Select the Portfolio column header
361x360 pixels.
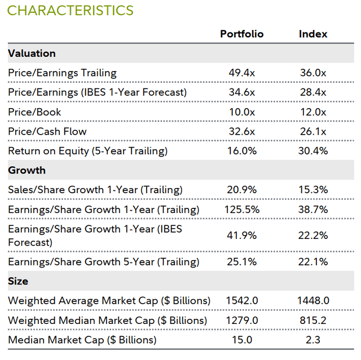(x=241, y=34)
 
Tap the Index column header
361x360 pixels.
(x=313, y=34)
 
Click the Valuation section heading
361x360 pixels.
(x=32, y=54)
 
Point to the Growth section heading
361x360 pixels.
(x=27, y=170)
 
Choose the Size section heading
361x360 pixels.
(x=18, y=281)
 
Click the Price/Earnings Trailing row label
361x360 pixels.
(x=62, y=73)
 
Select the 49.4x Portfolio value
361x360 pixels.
(x=241, y=73)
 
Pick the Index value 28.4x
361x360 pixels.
(x=313, y=92)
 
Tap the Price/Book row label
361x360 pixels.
(x=34, y=112)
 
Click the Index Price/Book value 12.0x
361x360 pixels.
(x=313, y=112)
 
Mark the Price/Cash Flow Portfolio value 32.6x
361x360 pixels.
(x=241, y=131)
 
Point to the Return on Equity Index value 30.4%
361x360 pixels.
(x=313, y=151)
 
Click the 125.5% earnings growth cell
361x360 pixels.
(x=241, y=210)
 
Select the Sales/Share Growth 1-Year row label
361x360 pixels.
(x=95, y=190)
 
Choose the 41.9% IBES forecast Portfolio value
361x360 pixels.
(x=241, y=235)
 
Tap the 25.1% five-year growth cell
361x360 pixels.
(x=241, y=261)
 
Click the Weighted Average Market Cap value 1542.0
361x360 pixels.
(x=241, y=301)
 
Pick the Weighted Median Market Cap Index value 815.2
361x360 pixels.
(x=313, y=320)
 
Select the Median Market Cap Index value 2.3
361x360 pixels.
(x=313, y=340)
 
